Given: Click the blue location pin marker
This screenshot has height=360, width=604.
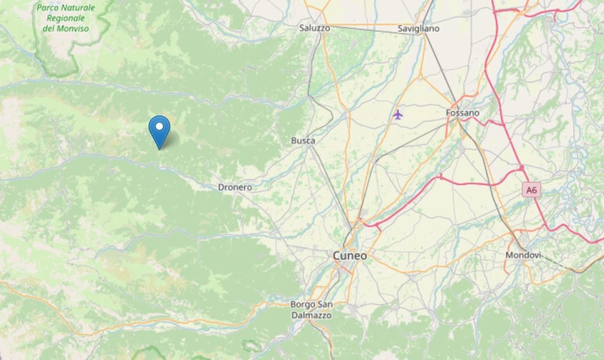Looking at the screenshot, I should tap(159, 130).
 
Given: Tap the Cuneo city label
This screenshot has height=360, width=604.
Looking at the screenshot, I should tap(350, 256).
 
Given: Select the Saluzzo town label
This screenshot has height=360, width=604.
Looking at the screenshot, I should tap(314, 28).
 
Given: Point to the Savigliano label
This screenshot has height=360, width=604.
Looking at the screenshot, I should tap(418, 28).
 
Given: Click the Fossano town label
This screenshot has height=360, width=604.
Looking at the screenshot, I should tap(462, 113).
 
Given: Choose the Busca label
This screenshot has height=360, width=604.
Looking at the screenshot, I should tap(303, 140).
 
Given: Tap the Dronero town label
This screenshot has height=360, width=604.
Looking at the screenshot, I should tap(235, 187).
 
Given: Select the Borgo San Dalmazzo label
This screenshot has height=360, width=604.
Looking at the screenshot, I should tap(311, 310).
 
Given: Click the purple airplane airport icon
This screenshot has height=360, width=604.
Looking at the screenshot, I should tap(398, 114).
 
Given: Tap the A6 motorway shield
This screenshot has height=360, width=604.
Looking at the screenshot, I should tap(532, 190).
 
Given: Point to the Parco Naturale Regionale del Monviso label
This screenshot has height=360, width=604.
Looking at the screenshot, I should tap(65, 18).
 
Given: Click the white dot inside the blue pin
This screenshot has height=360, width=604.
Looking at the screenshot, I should tap(159, 126).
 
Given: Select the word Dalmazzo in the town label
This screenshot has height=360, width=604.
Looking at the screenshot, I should tap(312, 315).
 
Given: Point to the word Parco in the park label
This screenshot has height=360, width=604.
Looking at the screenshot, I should tap(49, 8).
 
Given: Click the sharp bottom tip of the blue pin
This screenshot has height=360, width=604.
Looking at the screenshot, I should tap(159, 149).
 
